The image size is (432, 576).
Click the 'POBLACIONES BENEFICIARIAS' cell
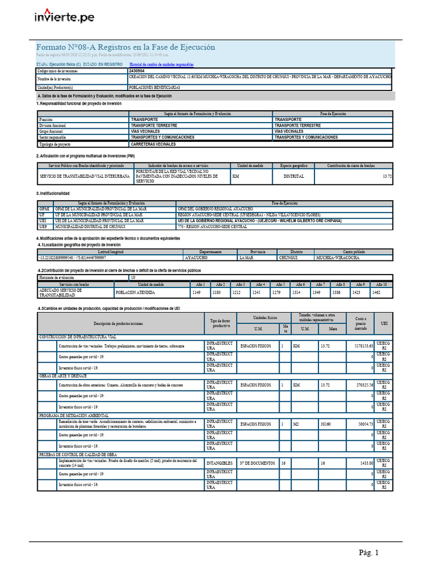click(x=154, y=88)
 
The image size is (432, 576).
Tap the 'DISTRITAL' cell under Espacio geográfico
click(x=294, y=176)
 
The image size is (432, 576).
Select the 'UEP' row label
click(x=44, y=226)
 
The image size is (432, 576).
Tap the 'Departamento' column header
click(x=210, y=251)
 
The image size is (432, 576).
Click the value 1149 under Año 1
click(x=196, y=292)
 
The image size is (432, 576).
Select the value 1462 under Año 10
click(x=376, y=292)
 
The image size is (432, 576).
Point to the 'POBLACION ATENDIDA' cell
click(x=135, y=292)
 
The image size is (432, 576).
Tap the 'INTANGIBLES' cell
click(x=219, y=462)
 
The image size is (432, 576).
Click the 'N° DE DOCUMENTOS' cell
click(x=258, y=462)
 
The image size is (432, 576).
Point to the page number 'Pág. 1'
click(x=370, y=553)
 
